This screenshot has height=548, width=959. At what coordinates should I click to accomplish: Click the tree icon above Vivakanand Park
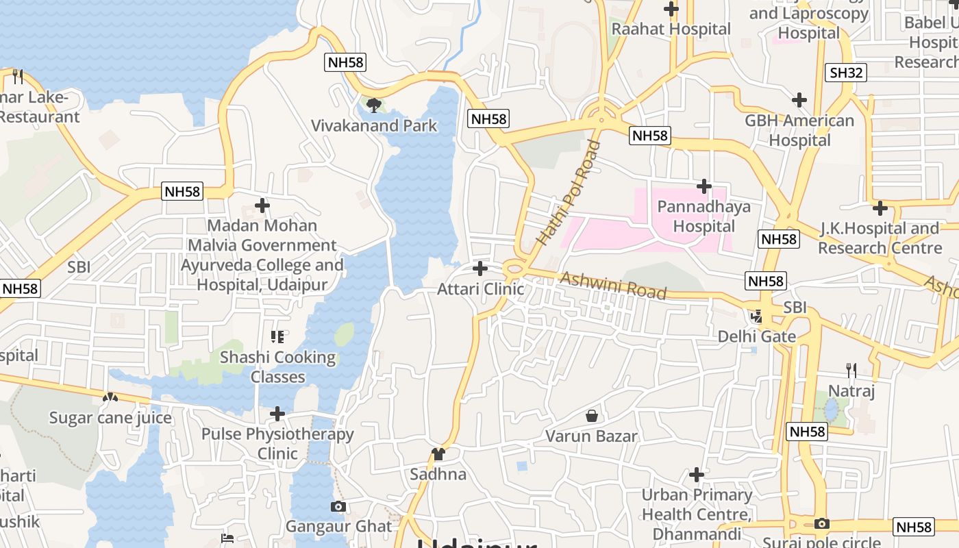point(373,105)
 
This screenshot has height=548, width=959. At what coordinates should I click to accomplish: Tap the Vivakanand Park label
point(374,125)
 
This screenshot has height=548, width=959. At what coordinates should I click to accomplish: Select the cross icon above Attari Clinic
point(480,268)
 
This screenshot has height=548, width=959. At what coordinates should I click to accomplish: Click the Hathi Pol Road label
point(569,194)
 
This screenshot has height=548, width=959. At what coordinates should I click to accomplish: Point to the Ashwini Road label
point(613,286)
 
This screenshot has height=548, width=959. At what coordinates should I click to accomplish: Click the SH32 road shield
point(847,73)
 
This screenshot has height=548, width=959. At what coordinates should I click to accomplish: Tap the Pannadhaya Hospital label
point(703,216)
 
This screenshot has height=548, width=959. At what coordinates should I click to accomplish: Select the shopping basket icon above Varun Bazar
point(592,416)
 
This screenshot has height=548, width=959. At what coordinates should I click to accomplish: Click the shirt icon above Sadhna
point(438,453)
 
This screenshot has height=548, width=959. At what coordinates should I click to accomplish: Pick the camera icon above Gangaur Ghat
point(338,507)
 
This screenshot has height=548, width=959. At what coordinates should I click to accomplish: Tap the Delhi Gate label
point(756,336)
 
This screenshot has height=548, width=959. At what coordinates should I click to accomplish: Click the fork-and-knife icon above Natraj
point(851,371)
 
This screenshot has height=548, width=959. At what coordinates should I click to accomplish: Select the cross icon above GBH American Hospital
point(799,101)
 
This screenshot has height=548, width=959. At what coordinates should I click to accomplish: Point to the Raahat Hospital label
point(671,29)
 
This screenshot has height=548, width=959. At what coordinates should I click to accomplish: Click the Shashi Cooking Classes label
point(277,366)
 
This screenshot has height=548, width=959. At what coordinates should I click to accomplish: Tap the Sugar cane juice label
point(110,417)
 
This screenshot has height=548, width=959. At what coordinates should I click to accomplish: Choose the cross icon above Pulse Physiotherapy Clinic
point(277,414)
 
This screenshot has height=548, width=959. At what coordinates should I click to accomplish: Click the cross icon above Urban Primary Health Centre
point(697,474)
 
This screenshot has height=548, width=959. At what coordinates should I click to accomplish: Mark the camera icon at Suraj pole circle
point(822,524)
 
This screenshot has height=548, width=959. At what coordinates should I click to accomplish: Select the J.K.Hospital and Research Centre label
point(880,238)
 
